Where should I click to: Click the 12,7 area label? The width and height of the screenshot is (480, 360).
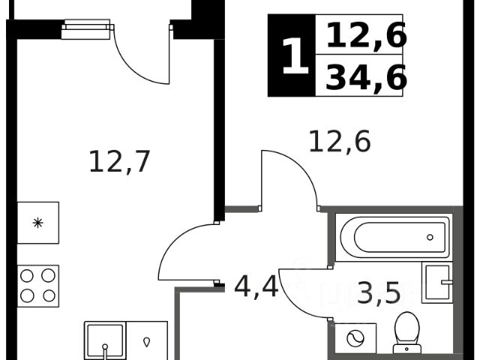point(120,161)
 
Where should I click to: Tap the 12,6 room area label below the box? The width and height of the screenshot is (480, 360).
point(340,141)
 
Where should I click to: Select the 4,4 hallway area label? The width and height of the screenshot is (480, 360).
point(256,286)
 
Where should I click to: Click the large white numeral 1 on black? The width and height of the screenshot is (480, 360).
point(293,57)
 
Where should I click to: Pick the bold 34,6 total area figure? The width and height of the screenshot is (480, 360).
point(365,77)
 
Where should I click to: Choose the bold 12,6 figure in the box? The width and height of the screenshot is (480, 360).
point(365,34)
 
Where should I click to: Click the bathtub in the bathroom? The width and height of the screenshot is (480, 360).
point(394,237)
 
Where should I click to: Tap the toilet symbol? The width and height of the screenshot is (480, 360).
point(407,331)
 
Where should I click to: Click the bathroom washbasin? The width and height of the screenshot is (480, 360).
point(437,283)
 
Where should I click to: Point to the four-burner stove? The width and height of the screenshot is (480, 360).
point(37,285)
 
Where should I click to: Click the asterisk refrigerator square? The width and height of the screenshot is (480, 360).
point(37,223)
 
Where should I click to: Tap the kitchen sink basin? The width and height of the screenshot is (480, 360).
point(105,340)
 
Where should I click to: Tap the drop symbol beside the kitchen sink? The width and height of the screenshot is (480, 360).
point(147,340)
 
